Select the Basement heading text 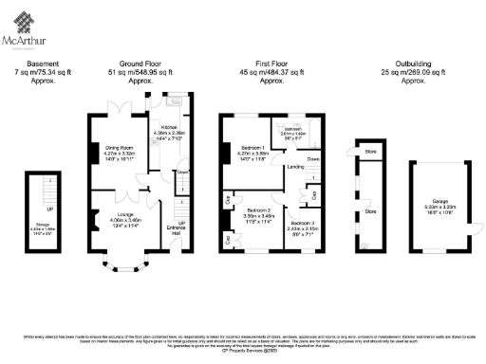tap(44, 64)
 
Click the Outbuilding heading tap(412, 64)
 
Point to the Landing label tap(295, 167)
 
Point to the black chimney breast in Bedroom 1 tap(224, 149)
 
